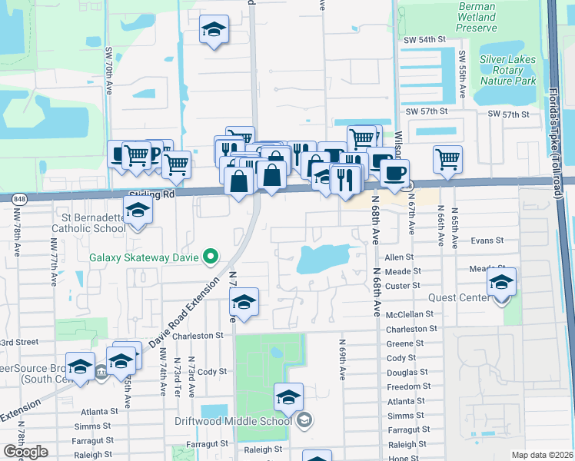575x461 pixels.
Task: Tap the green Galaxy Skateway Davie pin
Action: click(209, 257)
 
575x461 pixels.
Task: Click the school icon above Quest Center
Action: click(501, 284)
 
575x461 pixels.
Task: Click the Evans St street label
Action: click(487, 240)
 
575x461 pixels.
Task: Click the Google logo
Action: click(25, 452)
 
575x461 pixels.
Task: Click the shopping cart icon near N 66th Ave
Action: click(447, 160)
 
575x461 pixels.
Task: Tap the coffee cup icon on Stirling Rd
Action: click(394, 173)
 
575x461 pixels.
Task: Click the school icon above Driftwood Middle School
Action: click(288, 397)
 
